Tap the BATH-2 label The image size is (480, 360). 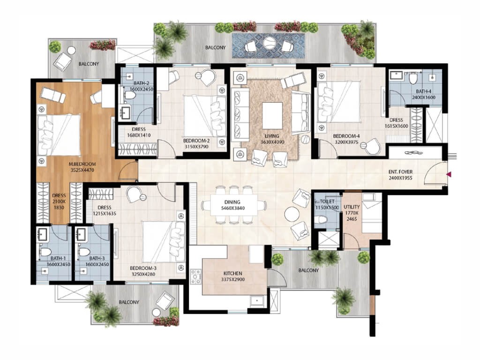coord(141,83)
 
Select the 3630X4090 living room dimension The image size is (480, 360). coord(272,142)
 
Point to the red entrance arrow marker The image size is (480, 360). coord(449,174)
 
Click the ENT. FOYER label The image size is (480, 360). coord(400,172)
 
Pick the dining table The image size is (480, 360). coord(233,205)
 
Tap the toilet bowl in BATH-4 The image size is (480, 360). coord(413,78)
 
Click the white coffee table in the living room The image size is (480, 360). coord(272,116)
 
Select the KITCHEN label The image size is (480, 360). coord(232,273)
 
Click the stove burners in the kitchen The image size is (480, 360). coord(195,277)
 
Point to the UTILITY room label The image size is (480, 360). coord(352,207)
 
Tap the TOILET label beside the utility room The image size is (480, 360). coord(327,202)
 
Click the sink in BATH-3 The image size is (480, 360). coord(81,234)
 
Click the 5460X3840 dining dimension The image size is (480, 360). coord(232,208)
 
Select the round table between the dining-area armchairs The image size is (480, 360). coord(292,214)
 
